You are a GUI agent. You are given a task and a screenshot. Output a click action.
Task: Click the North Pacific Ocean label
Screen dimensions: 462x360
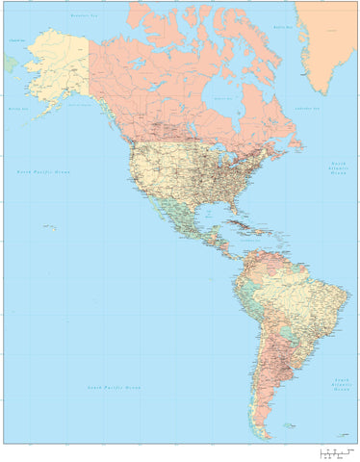click(43, 170)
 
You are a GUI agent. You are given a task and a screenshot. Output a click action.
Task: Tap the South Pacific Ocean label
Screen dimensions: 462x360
click(115, 387)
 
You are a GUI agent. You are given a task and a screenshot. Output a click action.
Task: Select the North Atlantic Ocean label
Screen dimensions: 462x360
click(338, 169)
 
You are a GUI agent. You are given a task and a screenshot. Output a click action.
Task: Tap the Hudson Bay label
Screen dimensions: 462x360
click(223, 98)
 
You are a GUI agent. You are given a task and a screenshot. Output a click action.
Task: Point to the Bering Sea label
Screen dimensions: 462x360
click(16, 111)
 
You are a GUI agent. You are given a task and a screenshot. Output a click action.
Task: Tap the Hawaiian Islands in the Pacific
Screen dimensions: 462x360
click(49, 227)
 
